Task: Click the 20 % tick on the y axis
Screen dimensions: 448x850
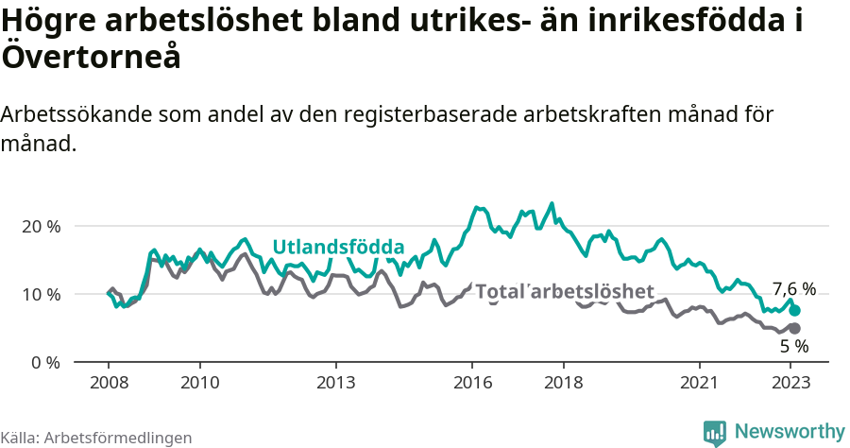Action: pos(41,227)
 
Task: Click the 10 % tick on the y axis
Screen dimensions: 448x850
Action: pos(41,295)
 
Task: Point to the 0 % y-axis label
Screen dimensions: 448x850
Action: pos(44,363)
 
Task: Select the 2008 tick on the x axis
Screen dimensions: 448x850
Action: pos(109,383)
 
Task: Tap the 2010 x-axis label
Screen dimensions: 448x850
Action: pos(199,383)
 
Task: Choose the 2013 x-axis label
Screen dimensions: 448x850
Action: pos(335,383)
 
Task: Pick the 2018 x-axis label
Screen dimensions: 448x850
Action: pos(563,383)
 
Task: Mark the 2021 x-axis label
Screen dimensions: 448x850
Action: pos(699,383)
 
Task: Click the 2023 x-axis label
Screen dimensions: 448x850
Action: pos(790,383)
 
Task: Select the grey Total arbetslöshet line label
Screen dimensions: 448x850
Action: pos(564,292)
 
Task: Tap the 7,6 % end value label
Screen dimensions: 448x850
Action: pos(793,289)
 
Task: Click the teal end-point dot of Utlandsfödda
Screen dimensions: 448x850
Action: pos(795,310)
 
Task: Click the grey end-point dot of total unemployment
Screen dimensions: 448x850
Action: pos(794,328)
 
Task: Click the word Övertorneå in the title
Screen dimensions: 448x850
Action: pos(91,57)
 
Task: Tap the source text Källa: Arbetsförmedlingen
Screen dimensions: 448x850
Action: pos(96,438)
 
